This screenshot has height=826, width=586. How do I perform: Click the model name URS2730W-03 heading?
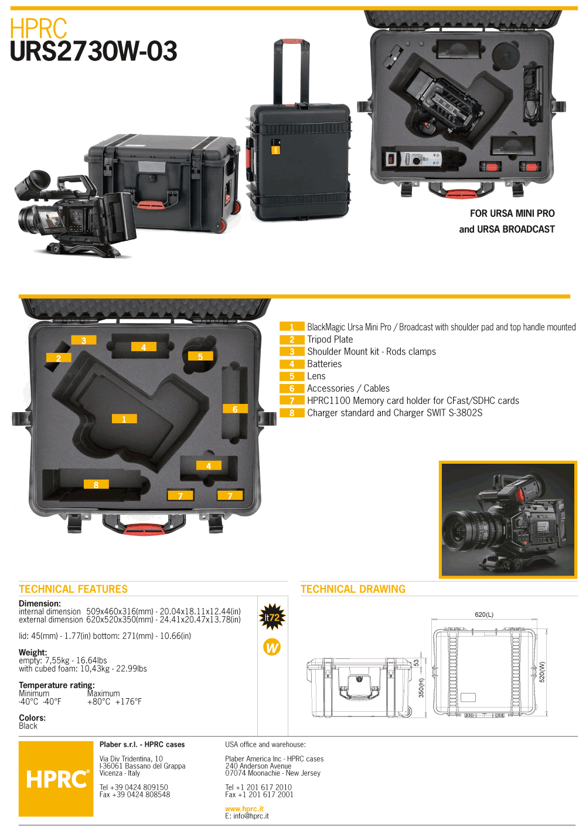(x=94, y=51)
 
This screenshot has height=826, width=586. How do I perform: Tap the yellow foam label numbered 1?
(x=124, y=419)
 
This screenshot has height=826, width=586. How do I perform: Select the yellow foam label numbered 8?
(x=96, y=484)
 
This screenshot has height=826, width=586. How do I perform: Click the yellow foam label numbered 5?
(x=200, y=356)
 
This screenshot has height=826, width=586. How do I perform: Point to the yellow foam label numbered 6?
(x=235, y=409)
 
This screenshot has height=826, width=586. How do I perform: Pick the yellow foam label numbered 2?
(x=59, y=358)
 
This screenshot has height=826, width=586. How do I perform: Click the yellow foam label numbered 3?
(x=84, y=340)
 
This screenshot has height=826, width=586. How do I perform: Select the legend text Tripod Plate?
(x=330, y=339)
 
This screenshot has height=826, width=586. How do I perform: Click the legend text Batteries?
(x=324, y=364)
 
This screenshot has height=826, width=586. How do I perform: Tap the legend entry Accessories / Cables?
(x=348, y=388)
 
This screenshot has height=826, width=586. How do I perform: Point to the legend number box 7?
(x=292, y=400)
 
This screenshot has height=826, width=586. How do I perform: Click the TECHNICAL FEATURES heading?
(x=73, y=589)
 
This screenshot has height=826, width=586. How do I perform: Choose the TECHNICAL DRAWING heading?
(x=353, y=589)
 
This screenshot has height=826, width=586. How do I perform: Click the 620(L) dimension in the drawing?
(x=484, y=614)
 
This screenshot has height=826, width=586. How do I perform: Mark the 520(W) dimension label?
(x=542, y=671)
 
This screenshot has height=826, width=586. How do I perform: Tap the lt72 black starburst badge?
(x=272, y=617)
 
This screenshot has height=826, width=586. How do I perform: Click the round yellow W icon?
(x=272, y=647)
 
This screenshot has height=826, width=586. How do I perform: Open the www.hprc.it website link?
(x=244, y=808)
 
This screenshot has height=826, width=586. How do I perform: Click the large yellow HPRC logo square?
(x=56, y=779)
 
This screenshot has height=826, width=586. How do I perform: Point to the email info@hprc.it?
(x=247, y=816)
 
